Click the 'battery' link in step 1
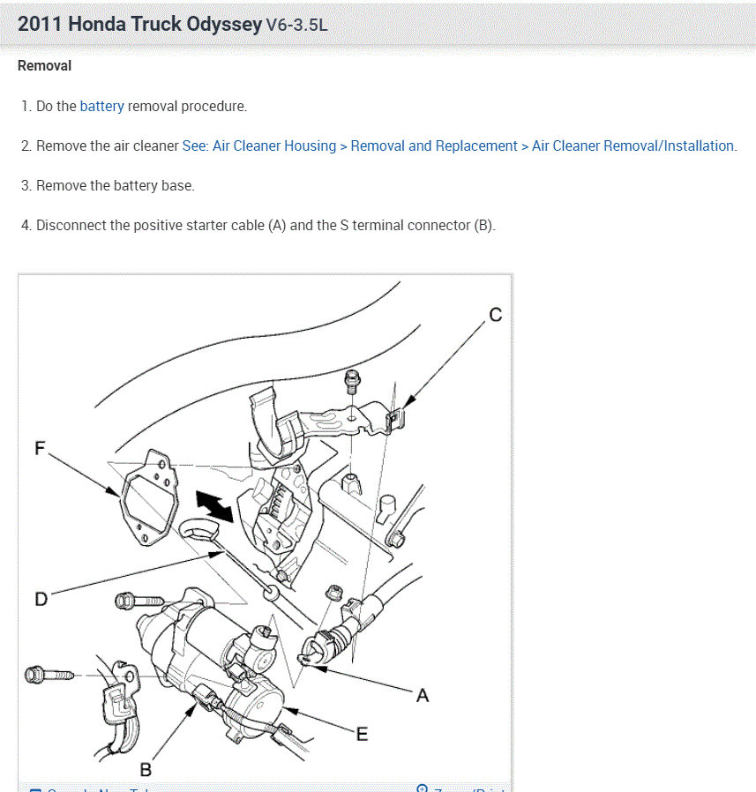click(x=101, y=106)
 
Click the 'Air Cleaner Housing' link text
click(x=274, y=146)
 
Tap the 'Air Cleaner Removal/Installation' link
click(x=632, y=146)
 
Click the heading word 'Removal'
click(x=44, y=65)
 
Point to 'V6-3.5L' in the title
click(x=296, y=25)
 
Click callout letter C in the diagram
click(x=495, y=315)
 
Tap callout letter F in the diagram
click(x=40, y=448)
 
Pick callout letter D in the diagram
click(x=41, y=599)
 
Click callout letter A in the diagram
click(x=423, y=695)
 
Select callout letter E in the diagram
click(x=362, y=733)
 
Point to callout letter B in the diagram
click(x=146, y=770)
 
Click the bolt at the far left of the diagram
click(x=44, y=675)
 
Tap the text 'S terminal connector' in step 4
click(x=405, y=225)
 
